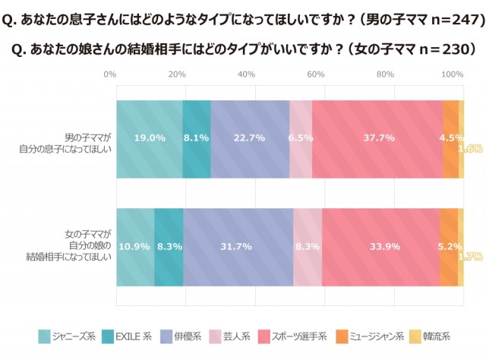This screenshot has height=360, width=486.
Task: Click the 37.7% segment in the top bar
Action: click(x=377, y=138)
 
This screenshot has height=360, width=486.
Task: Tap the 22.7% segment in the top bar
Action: click(x=250, y=138)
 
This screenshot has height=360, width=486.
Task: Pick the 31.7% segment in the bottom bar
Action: click(x=238, y=248)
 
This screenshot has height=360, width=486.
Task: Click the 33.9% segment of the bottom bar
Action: click(x=380, y=248)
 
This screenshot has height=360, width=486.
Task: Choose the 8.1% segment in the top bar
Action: click(x=197, y=138)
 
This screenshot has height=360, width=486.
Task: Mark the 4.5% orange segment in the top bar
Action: click(x=450, y=138)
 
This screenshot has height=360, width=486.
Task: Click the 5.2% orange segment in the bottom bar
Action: click(x=449, y=248)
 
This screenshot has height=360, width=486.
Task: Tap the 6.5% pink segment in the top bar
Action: click(x=301, y=138)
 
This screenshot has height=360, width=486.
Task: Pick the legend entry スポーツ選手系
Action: click(x=293, y=335)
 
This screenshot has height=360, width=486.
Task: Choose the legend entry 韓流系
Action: click(x=434, y=335)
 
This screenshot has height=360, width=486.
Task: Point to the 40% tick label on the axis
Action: click(x=246, y=74)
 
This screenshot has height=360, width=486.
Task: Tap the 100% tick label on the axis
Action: click(x=453, y=74)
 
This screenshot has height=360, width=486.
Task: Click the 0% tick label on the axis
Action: click(x=109, y=74)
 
